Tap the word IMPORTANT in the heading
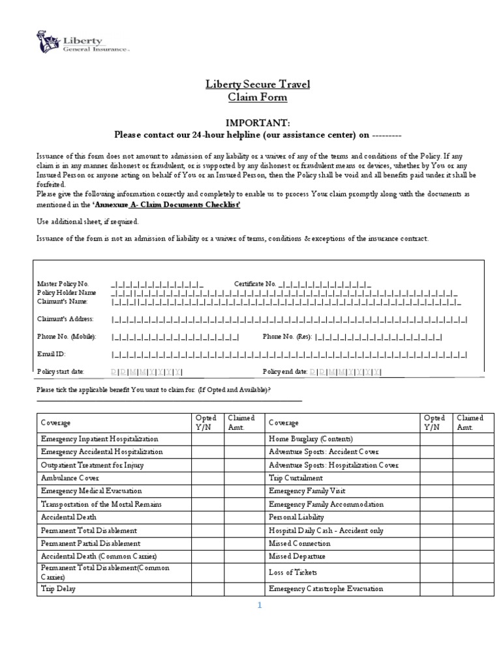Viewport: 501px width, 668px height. pyautogui.click(x=256, y=123)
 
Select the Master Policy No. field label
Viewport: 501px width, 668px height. pyautogui.click(x=63, y=284)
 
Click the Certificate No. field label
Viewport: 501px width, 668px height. pyautogui.click(x=255, y=284)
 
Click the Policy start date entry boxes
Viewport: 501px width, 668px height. pyautogui.click(x=147, y=371)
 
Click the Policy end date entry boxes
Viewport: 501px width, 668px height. pyautogui.click(x=346, y=371)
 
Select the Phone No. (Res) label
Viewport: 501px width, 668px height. pyautogui.click(x=286, y=337)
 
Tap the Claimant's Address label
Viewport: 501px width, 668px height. pyautogui.click(x=66, y=319)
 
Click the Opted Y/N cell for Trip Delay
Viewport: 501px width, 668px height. pyautogui.click(x=207, y=588)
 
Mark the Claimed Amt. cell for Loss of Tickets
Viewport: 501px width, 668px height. pyautogui.click(x=474, y=572)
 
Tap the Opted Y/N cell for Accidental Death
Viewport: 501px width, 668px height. pyautogui.click(x=207, y=517)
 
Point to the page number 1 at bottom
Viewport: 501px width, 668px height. pyautogui.click(x=259, y=605)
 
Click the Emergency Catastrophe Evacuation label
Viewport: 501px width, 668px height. pyautogui.click(x=326, y=588)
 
